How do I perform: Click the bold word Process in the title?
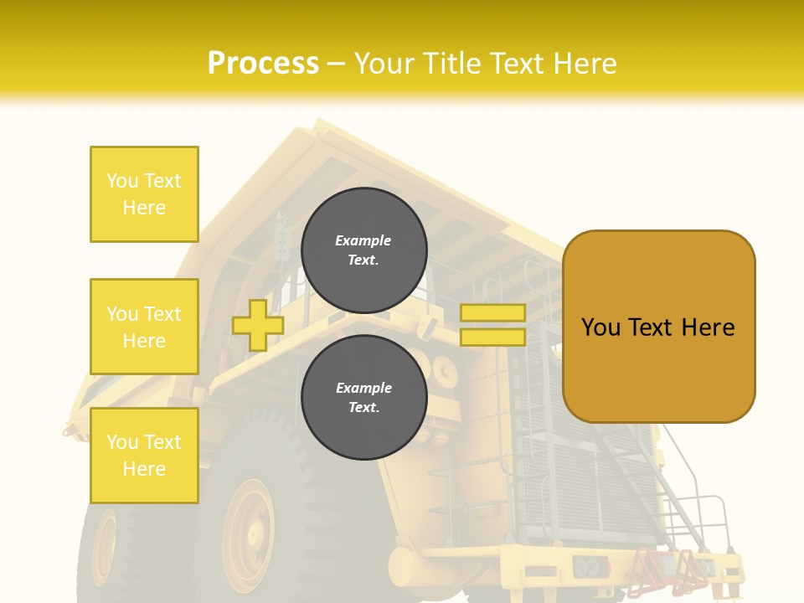pos(263,63)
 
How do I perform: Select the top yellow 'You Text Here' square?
pos(144,194)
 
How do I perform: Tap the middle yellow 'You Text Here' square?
pos(144,327)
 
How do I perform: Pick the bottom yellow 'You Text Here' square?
pos(144,456)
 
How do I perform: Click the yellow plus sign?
pos(257,325)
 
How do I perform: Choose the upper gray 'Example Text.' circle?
pos(363,250)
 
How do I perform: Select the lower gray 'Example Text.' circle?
pos(363,397)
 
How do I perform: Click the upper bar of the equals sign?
pos(492,312)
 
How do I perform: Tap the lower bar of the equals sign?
pos(492,337)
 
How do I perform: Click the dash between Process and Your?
pos(337,64)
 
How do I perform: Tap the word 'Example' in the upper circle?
pos(363,240)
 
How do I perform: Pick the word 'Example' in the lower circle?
pos(363,388)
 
